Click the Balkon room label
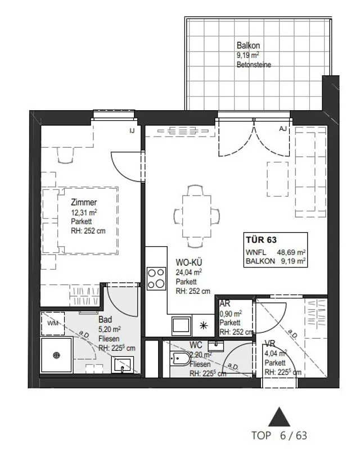click(x=248, y=46)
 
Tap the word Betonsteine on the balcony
click(x=254, y=65)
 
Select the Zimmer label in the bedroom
click(x=84, y=202)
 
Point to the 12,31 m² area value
click(x=84, y=212)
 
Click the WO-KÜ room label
click(x=188, y=262)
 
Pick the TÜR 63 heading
click(x=261, y=240)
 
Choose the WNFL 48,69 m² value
click(x=276, y=252)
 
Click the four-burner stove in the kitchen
click(x=156, y=278)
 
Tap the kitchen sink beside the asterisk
click(x=182, y=326)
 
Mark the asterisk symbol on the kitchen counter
click(x=204, y=325)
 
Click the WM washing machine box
click(x=53, y=324)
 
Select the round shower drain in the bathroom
click(x=56, y=356)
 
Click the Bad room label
click(x=105, y=319)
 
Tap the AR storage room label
click(x=224, y=303)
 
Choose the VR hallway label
click(x=270, y=343)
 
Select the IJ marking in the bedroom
click(x=132, y=131)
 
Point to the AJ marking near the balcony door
click(x=283, y=129)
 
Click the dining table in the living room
click(x=197, y=217)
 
